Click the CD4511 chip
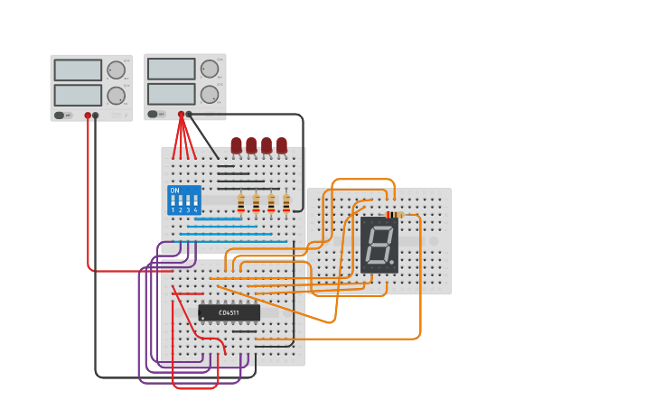[229, 312]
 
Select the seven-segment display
[379, 245]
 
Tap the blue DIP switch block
[184, 200]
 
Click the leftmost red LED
[236, 144]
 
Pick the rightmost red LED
[282, 144]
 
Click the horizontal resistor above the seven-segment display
[395, 215]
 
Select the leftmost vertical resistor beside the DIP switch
[241, 202]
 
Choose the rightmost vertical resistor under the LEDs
[286, 202]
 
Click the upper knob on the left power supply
[117, 70]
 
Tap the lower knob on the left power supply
[117, 95]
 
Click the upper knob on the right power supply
[210, 69]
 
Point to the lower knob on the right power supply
[210, 94]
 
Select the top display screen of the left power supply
[78, 70]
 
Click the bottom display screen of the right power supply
[171, 94]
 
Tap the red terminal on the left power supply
[88, 116]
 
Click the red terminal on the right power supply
[181, 115]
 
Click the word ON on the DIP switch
[174, 191]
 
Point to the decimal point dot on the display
[391, 262]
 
